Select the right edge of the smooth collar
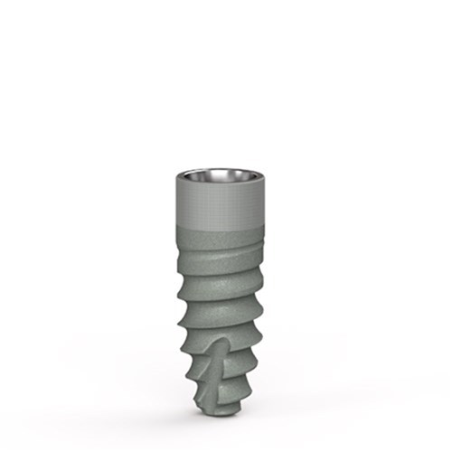261,199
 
